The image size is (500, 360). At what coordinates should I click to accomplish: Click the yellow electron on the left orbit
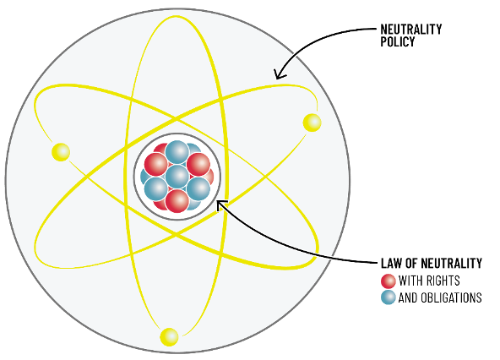[61, 152]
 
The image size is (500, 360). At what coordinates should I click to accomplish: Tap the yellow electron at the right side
[312, 123]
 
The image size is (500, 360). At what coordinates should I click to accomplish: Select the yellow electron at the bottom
[169, 336]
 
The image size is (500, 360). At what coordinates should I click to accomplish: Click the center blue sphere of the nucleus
[177, 176]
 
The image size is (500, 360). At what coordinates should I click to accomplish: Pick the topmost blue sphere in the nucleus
[177, 152]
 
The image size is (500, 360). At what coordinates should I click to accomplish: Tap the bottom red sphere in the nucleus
[177, 201]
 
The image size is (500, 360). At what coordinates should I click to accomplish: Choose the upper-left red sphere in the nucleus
[156, 164]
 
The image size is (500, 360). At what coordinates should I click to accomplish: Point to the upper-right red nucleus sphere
[198, 164]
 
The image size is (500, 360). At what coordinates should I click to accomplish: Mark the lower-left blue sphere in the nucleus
[156, 189]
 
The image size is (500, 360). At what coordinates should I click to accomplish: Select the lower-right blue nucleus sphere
[198, 189]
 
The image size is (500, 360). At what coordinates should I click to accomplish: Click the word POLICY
[398, 41]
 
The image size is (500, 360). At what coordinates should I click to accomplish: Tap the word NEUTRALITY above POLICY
[411, 30]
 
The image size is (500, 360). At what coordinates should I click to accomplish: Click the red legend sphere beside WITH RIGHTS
[389, 281]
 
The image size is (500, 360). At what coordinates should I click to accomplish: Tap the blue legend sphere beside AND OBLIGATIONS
[389, 297]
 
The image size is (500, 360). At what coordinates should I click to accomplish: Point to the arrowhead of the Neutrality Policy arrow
[280, 74]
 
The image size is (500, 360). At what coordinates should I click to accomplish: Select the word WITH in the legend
[411, 281]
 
